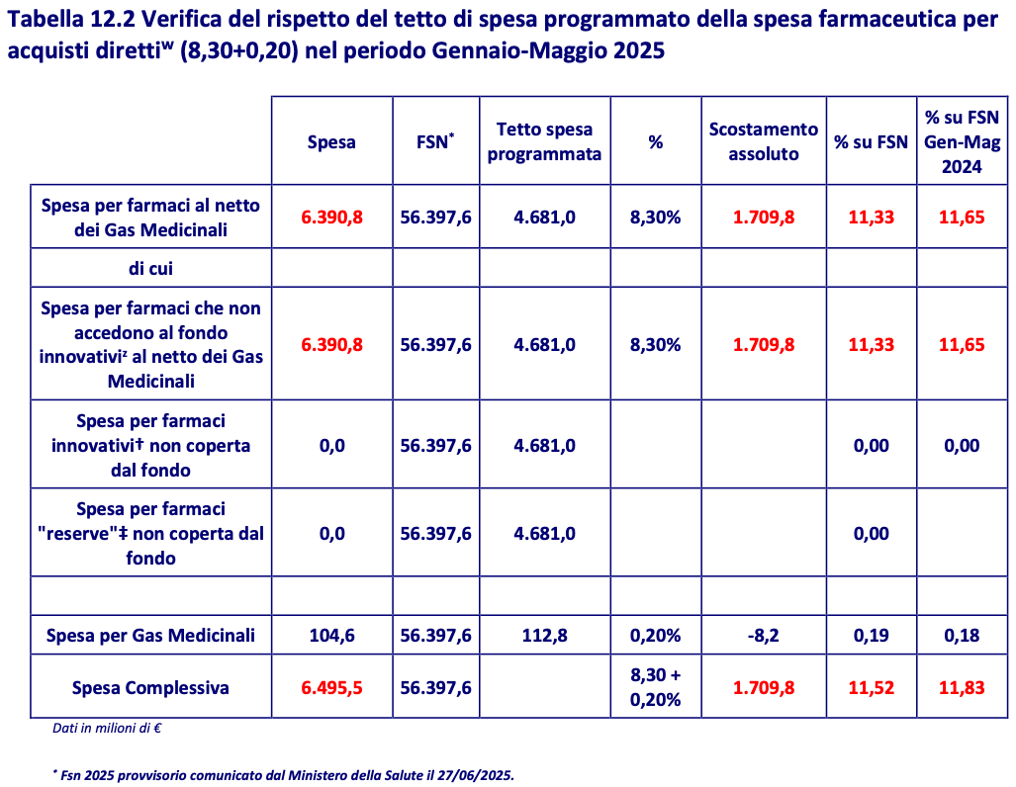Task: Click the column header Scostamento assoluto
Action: click(x=764, y=141)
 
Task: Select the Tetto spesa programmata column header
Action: click(x=544, y=141)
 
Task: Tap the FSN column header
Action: click(x=435, y=141)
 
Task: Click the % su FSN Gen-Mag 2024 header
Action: click(x=962, y=141)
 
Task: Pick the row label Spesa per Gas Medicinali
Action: click(x=150, y=635)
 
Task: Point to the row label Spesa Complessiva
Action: click(x=150, y=687)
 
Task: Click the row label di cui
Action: click(x=150, y=268)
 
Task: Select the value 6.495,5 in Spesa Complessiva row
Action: click(x=331, y=687)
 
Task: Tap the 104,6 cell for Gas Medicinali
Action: click(x=331, y=635)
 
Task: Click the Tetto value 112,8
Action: click(x=544, y=635)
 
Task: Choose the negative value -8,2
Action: click(x=764, y=635)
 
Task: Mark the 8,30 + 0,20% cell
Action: click(x=655, y=687)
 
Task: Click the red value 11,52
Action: click(x=871, y=687)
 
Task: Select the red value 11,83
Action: click(x=962, y=687)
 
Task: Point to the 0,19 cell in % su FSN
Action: click(x=871, y=635)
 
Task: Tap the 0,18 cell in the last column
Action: click(x=962, y=635)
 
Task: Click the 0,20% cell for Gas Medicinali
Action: click(x=655, y=635)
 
